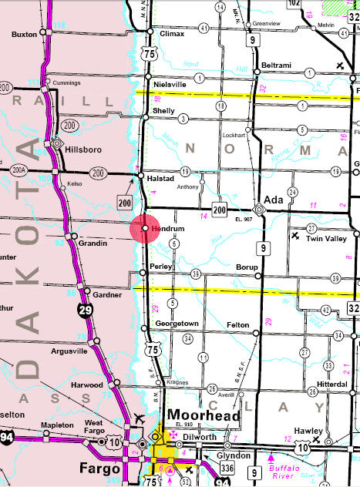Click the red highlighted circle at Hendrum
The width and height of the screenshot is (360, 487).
point(146,230)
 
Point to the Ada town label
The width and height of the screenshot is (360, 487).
point(274,198)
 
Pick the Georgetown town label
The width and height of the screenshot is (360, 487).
point(179,324)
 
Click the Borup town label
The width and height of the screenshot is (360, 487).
point(247,267)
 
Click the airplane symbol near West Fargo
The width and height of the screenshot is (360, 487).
point(139,421)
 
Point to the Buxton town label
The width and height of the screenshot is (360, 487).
point(25,35)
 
